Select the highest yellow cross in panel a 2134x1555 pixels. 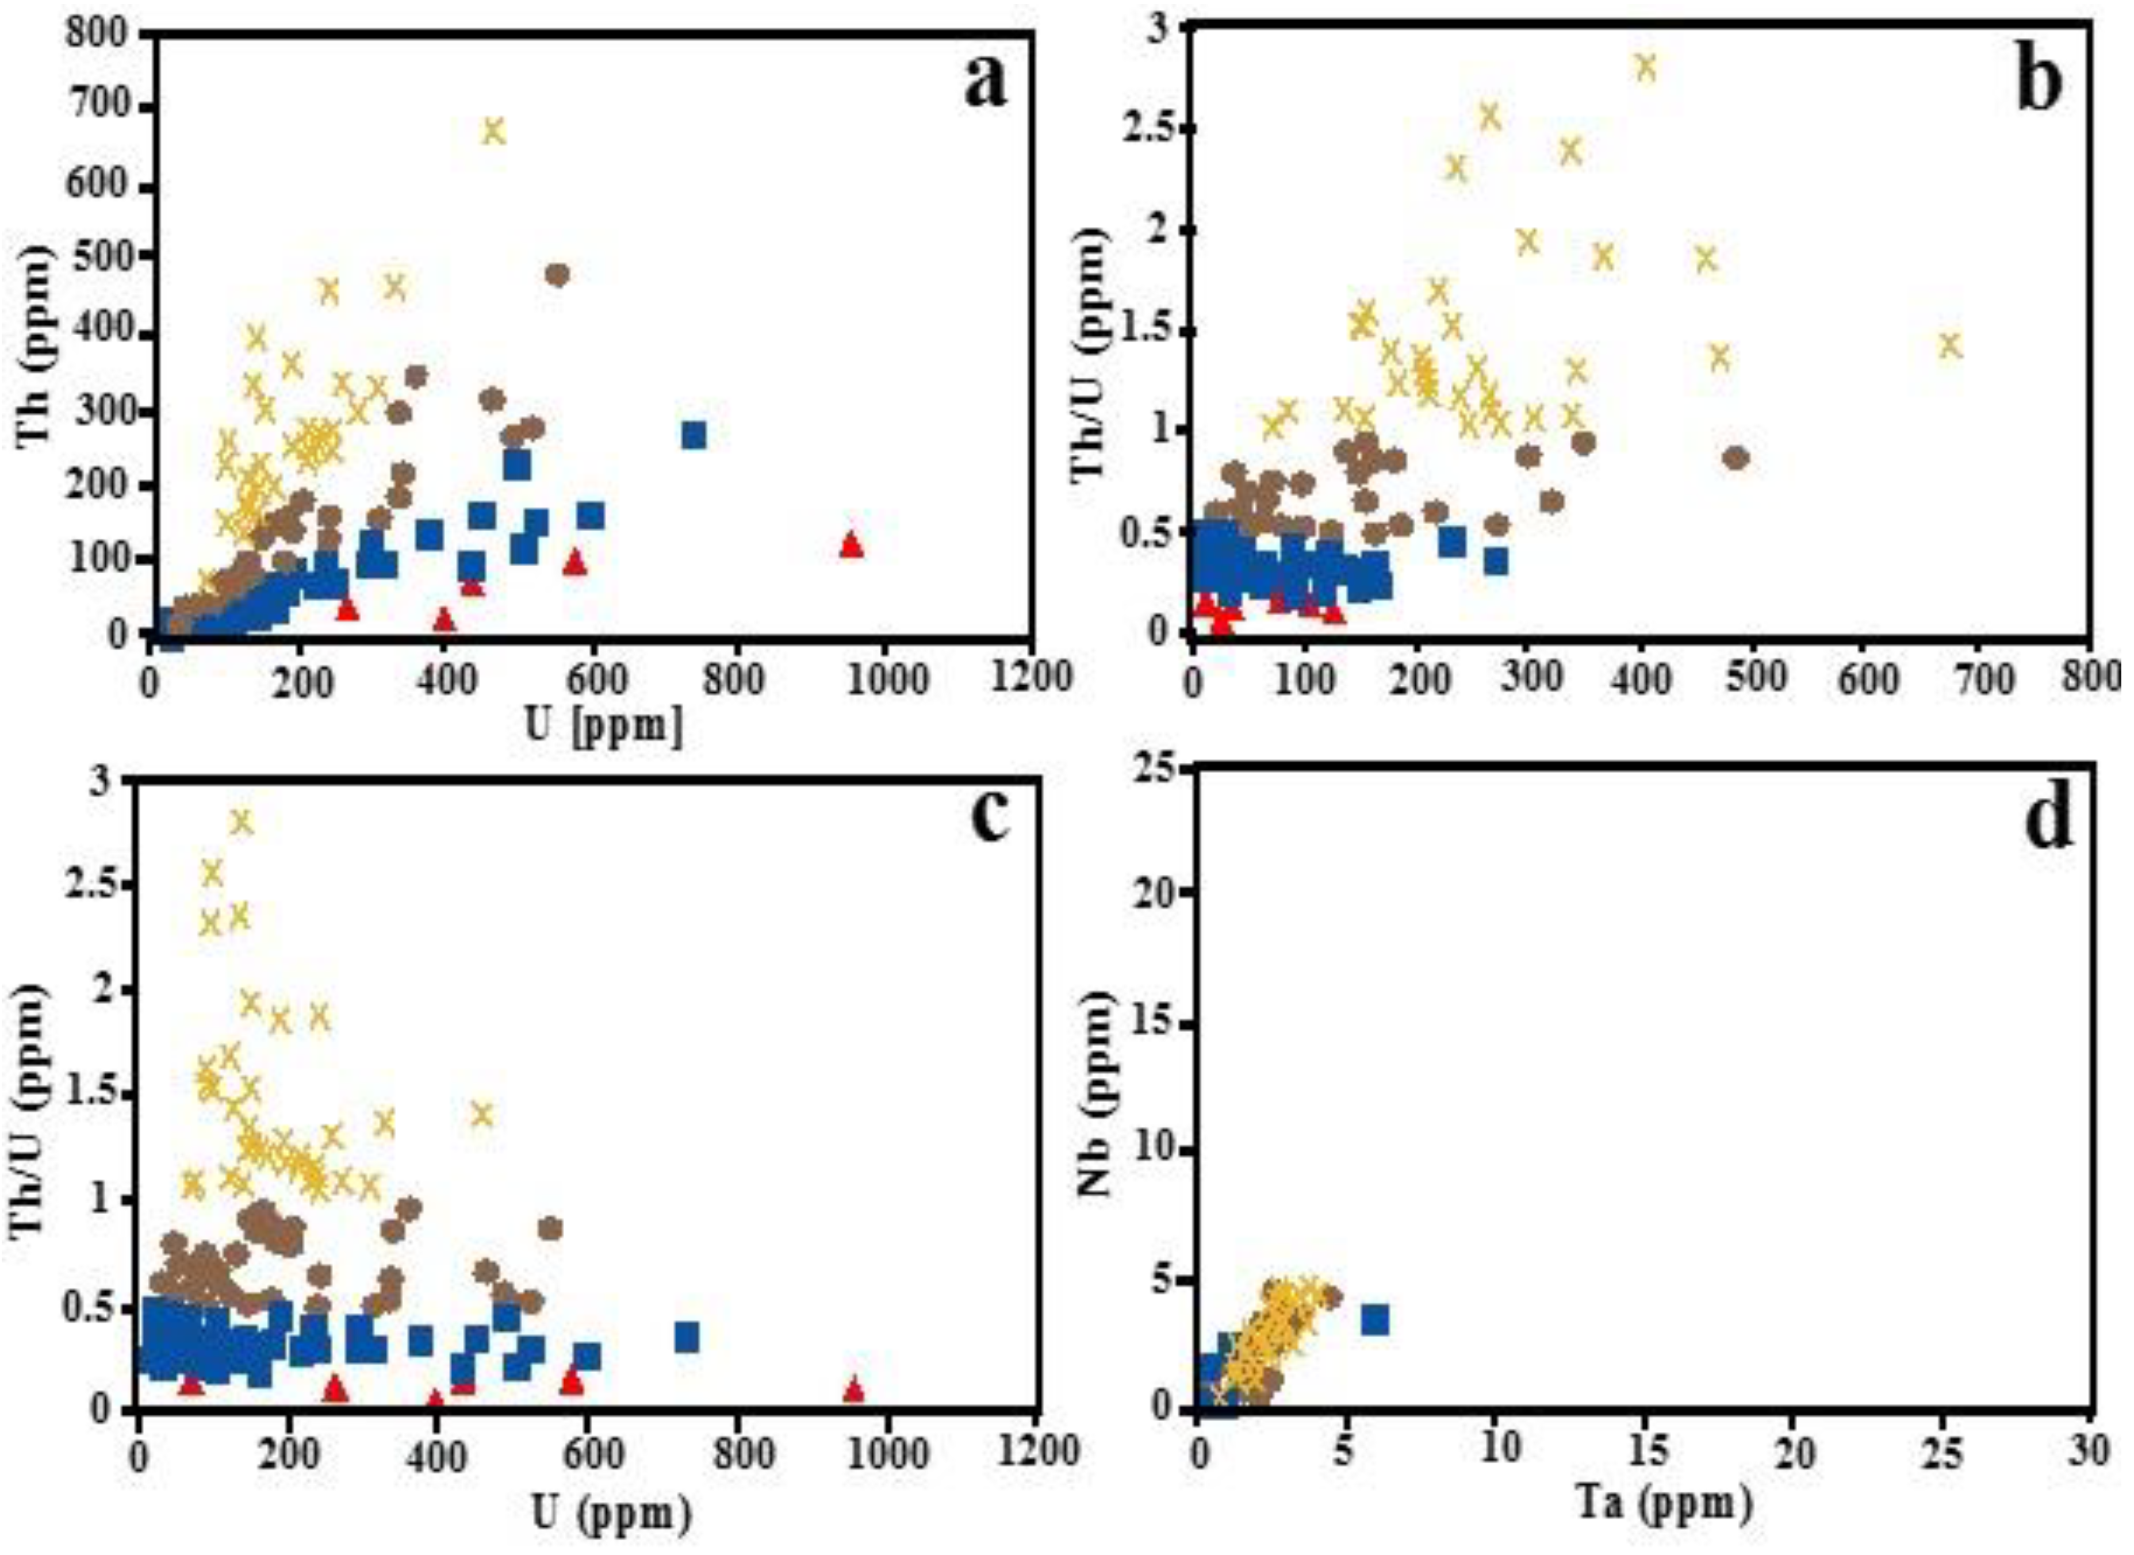coord(493,131)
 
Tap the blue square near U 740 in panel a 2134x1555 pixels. coord(694,435)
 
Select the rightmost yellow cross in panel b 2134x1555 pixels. coord(1949,345)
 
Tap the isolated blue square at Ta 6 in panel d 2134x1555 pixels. coord(1376,1320)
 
